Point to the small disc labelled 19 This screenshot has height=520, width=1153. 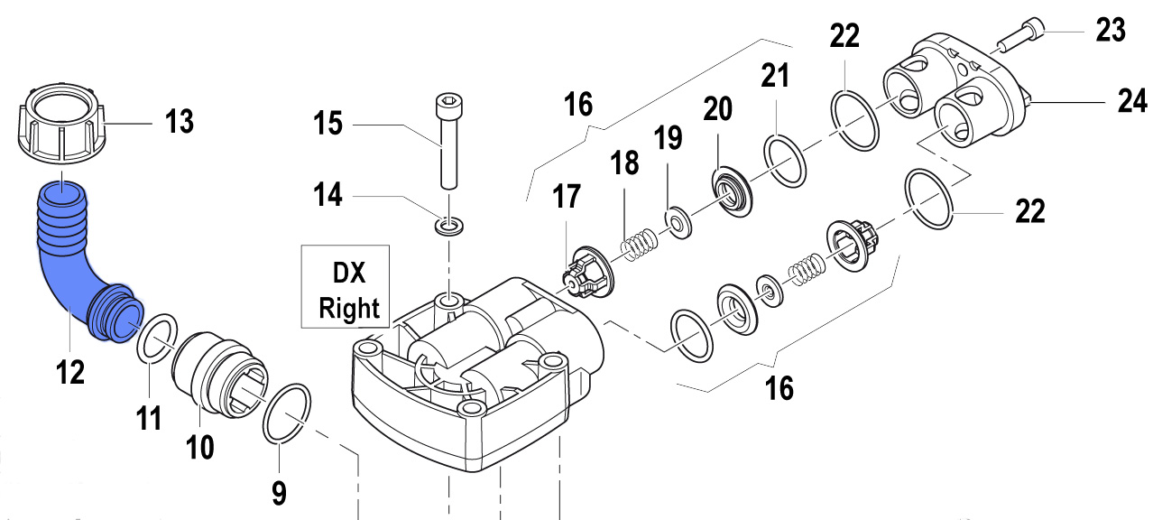(675, 219)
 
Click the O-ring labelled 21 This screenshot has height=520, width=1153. (785, 161)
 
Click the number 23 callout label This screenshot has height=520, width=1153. (1111, 31)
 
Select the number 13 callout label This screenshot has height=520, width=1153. (180, 120)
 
